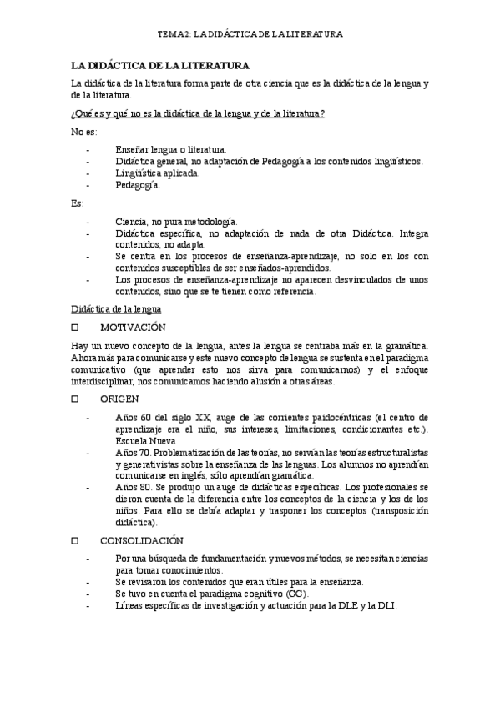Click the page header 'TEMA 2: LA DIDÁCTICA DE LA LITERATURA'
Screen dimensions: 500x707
click(250, 34)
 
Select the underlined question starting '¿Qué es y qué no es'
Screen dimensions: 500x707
click(198, 113)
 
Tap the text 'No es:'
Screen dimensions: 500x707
click(84, 132)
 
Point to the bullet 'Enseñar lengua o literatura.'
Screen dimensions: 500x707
click(171, 149)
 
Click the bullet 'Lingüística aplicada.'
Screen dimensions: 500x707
click(158, 173)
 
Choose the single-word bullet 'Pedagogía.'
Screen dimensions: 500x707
click(138, 185)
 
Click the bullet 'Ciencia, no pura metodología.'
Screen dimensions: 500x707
click(177, 222)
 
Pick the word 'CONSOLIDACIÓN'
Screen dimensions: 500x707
click(143, 539)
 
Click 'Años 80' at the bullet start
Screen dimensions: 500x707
click(133, 487)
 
